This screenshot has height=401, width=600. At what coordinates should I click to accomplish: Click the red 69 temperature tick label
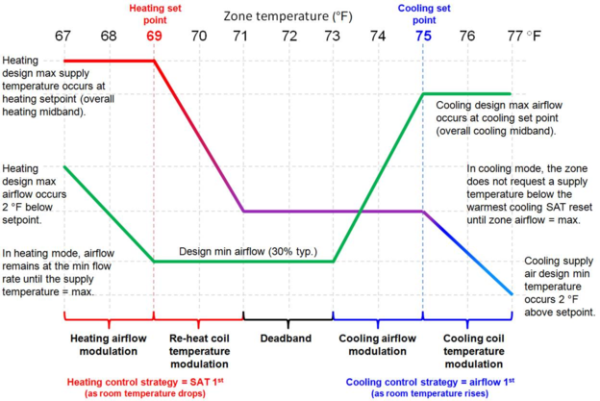pos(154,36)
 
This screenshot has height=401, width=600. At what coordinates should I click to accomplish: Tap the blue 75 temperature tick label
pos(424,36)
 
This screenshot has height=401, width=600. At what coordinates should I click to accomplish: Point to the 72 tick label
pos(289,36)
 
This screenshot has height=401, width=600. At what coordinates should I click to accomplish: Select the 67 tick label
pos(62,36)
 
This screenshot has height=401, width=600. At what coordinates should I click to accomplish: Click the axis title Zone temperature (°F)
pos(287,16)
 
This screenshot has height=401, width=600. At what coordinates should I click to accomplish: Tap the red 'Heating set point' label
pos(155,14)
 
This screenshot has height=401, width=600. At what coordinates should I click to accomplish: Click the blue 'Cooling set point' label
pos(424,14)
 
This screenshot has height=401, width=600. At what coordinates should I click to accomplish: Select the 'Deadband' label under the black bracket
pos(286,338)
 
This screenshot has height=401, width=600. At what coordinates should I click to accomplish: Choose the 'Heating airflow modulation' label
pos(109,345)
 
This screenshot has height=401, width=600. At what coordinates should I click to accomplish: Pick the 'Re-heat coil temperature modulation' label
pos(199,351)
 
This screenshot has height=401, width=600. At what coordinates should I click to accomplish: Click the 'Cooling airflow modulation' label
pos(377,345)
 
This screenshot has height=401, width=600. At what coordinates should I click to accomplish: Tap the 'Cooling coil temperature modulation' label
pos(474,351)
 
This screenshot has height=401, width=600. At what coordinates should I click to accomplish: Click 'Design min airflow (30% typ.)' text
pos(248,251)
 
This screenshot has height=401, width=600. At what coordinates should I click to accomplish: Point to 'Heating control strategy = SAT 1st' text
pos(145,382)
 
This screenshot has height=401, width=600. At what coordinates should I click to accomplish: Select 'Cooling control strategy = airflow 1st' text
pos(430,382)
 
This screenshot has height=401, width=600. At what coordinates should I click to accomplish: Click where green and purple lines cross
pos(360,212)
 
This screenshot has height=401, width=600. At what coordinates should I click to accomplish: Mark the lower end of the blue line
pos(512,294)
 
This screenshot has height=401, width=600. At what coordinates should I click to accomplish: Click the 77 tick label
pos(515,36)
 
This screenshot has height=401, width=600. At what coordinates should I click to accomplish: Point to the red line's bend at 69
pos(154,61)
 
